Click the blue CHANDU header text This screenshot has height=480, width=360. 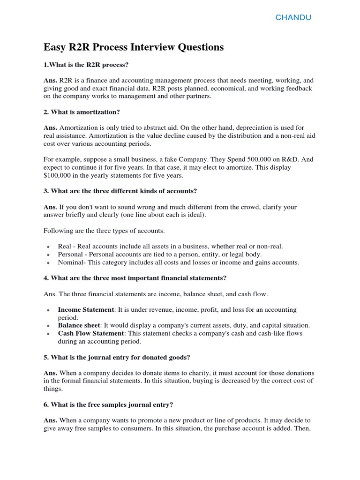tap(293, 18)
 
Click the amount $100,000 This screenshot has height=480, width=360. tap(60, 176)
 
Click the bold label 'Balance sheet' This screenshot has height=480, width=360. tap(79, 325)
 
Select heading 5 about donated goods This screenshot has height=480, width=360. tap(117, 357)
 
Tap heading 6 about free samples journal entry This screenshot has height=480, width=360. tap(112, 405)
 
